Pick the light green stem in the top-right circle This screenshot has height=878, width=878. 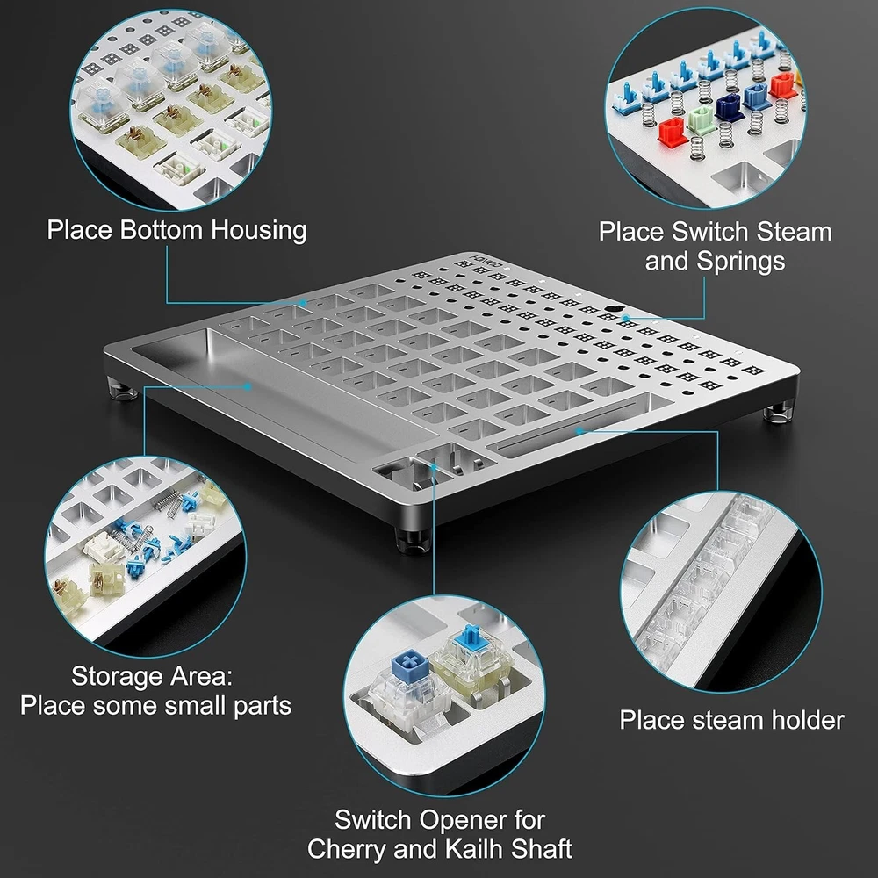[700, 119]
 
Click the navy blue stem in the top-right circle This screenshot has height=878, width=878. [729, 107]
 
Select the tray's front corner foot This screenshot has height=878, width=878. [413, 539]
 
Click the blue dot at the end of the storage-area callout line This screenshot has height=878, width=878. [247, 385]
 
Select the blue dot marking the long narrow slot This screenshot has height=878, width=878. [579, 430]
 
